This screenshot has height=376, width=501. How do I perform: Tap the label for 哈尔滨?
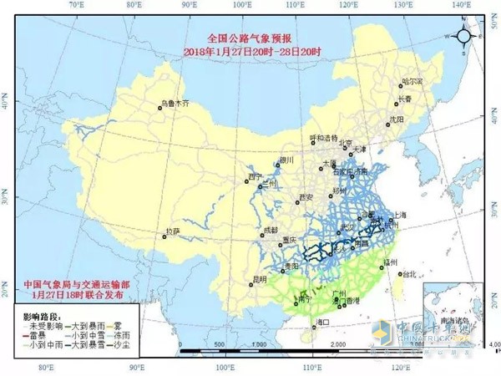click(x=412, y=81)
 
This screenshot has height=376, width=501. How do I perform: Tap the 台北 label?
click(x=409, y=273)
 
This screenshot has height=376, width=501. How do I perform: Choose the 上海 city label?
click(x=397, y=215)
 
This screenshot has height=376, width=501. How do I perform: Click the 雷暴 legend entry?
click(x=37, y=332)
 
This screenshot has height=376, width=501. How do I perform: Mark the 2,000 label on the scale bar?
click(x=337, y=343)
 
